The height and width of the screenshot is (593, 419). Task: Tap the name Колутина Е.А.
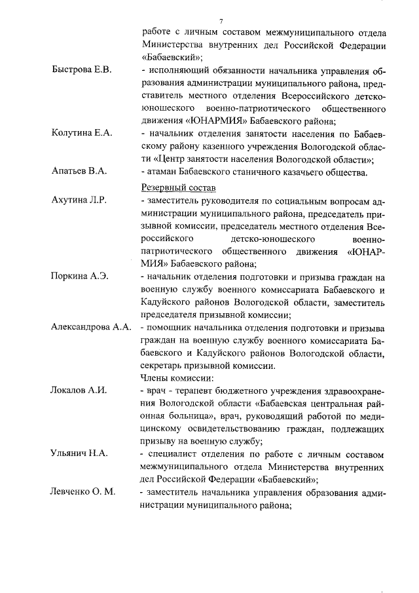point(82,133)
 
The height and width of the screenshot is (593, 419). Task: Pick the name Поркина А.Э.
point(79,277)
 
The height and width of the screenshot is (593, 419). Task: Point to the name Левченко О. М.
point(83,492)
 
